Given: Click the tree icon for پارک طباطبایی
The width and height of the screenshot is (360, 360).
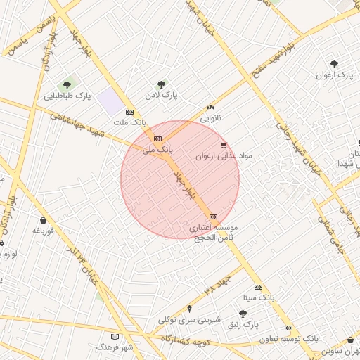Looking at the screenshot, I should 67,85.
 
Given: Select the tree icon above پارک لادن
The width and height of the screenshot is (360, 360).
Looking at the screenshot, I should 162,84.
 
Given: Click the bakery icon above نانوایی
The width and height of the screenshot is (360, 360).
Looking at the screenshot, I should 210,108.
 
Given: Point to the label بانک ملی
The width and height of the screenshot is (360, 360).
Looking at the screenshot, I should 157,149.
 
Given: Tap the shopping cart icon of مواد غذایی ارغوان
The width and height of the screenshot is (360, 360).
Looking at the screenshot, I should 224,146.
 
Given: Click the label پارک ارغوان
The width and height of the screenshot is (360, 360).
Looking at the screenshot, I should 333,74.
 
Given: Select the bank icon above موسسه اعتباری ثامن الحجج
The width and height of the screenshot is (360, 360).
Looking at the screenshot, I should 214,217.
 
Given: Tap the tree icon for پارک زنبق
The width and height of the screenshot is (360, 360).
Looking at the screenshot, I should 243,314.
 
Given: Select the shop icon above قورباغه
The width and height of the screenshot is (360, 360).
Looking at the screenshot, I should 43,220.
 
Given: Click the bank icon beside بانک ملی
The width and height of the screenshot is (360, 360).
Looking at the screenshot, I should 157,139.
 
